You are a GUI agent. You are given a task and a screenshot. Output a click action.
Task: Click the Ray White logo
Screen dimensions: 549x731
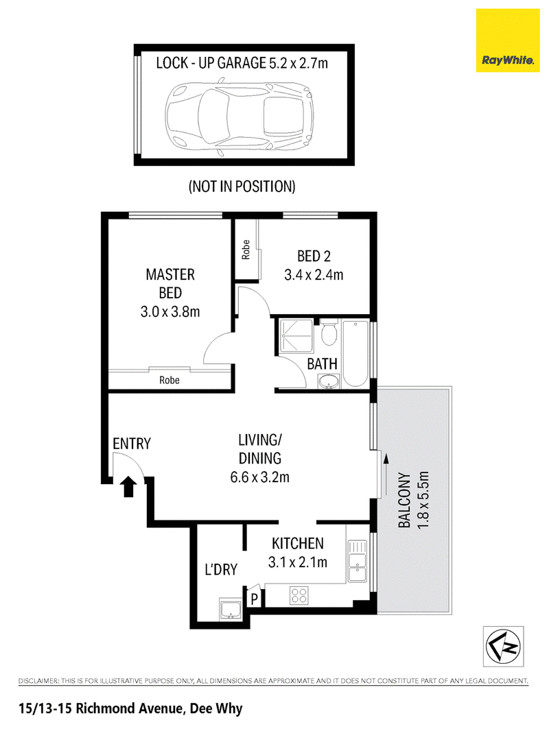508,40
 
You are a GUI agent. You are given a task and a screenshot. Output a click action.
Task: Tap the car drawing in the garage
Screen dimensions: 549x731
239,117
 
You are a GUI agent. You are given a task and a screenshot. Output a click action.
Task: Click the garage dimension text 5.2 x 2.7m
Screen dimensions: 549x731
299,62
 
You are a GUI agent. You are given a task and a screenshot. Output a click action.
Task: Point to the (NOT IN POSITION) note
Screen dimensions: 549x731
242,187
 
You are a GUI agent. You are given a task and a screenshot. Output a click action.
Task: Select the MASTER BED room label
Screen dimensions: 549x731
170,283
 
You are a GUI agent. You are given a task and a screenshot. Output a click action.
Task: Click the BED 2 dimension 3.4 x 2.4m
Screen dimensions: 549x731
314,275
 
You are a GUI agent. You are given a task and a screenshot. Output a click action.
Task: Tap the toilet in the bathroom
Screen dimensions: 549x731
329,333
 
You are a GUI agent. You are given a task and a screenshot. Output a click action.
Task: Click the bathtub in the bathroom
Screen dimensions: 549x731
355,353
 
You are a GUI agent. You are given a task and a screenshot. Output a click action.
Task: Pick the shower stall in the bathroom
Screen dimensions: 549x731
296,337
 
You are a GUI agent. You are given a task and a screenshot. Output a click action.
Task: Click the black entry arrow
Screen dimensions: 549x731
129,486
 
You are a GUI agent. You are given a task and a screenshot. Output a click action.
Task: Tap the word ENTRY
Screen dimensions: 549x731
132,444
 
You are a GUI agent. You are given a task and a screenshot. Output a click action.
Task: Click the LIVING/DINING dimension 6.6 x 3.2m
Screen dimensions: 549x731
260,477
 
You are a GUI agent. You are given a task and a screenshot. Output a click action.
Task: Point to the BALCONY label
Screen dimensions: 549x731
404,501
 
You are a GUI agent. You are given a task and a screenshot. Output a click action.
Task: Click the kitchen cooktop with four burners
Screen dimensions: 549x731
299,595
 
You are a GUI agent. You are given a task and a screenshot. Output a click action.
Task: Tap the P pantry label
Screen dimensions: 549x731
254,598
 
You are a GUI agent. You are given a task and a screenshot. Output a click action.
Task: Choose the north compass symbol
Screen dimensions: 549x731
503,646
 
